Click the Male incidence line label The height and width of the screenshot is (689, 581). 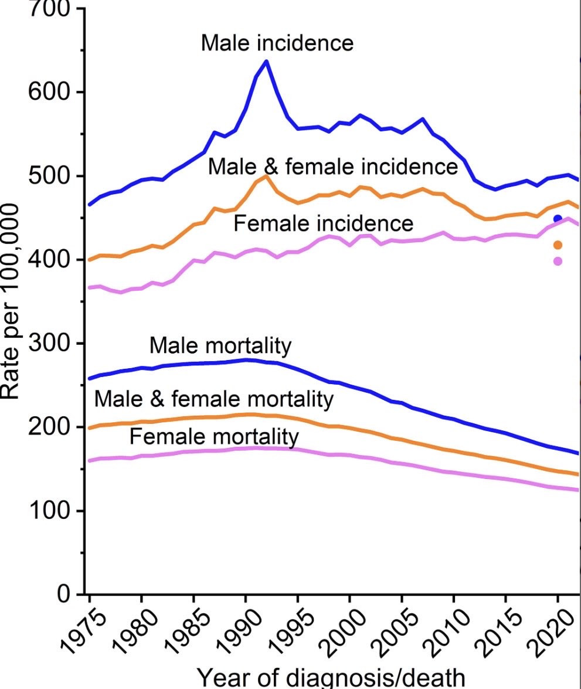pyautogui.click(x=277, y=43)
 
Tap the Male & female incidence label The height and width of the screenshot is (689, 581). pyautogui.click(x=332, y=167)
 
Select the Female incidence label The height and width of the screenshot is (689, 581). pyautogui.click(x=323, y=223)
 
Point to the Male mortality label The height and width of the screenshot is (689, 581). pyautogui.click(x=220, y=345)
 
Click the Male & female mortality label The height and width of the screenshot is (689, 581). pyautogui.click(x=213, y=399)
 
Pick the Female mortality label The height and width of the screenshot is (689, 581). pyautogui.click(x=213, y=436)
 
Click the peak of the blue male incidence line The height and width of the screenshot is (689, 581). pyautogui.click(x=266, y=61)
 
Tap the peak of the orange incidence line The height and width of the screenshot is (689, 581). pyautogui.click(x=266, y=176)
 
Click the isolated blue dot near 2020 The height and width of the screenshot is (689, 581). pyautogui.click(x=558, y=219)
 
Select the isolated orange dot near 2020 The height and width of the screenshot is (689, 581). pyautogui.click(x=558, y=245)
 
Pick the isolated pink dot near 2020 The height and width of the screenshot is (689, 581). pyautogui.click(x=558, y=261)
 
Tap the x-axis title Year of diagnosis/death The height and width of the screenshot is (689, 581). pyautogui.click(x=331, y=677)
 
